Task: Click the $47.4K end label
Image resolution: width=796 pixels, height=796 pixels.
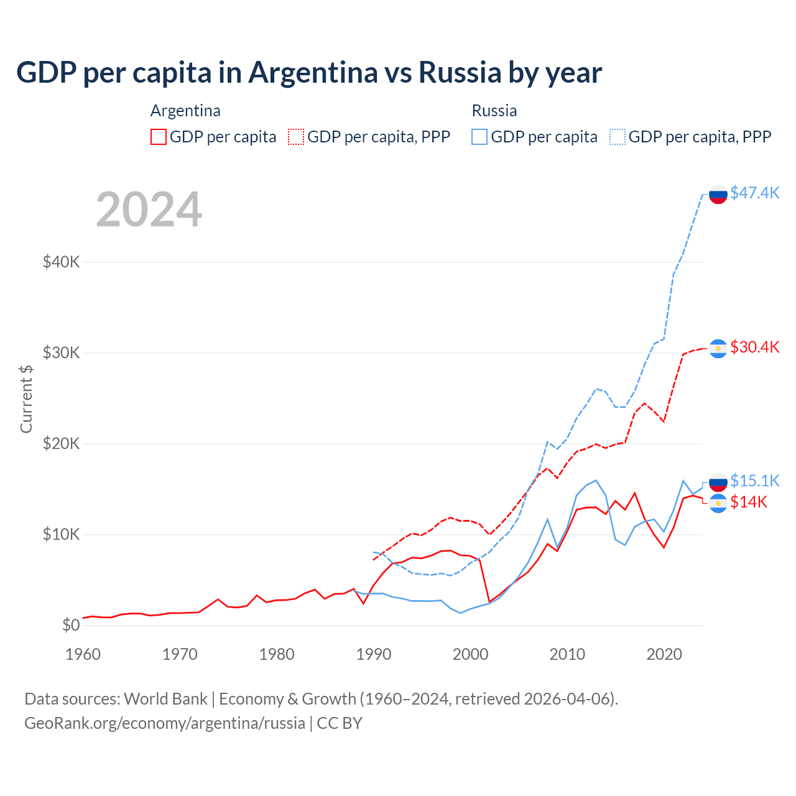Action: [754, 193]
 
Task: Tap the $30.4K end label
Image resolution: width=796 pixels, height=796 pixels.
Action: [754, 347]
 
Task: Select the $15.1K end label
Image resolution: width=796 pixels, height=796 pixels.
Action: [754, 481]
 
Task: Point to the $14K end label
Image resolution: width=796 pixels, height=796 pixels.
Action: [749, 502]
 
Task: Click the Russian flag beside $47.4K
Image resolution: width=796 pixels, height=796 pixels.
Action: [718, 194]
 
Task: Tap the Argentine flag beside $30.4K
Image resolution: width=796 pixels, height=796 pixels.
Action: [718, 349]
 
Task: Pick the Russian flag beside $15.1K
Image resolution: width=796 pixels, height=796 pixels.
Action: [718, 482]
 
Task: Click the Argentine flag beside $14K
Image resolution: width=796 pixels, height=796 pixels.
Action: [718, 503]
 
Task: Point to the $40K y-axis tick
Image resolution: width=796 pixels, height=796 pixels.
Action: [61, 262]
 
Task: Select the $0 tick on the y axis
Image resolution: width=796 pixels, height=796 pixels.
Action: [71, 625]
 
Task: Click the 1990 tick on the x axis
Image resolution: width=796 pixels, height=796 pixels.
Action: [374, 654]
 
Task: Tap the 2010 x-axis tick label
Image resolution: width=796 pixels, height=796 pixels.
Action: [567, 654]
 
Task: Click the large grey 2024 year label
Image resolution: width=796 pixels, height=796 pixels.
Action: [149, 210]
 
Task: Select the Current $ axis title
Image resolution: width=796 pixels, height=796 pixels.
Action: [26, 399]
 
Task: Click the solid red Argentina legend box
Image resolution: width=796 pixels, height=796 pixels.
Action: [159, 137]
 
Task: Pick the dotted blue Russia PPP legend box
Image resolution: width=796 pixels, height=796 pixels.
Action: [618, 137]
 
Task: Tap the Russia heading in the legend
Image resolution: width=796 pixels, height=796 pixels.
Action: [494, 111]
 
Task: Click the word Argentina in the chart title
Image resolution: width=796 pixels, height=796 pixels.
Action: [313, 72]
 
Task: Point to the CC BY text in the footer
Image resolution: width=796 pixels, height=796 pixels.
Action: [340, 723]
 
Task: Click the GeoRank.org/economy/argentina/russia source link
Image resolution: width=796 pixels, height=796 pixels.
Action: [165, 723]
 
